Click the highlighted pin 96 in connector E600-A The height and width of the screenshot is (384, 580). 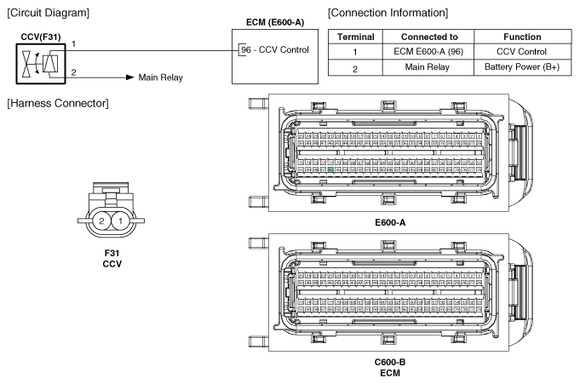[330, 170]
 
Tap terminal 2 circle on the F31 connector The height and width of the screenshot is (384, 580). [101, 221]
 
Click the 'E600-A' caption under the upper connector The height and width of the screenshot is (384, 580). [393, 221]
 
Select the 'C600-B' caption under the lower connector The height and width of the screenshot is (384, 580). [393, 363]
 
